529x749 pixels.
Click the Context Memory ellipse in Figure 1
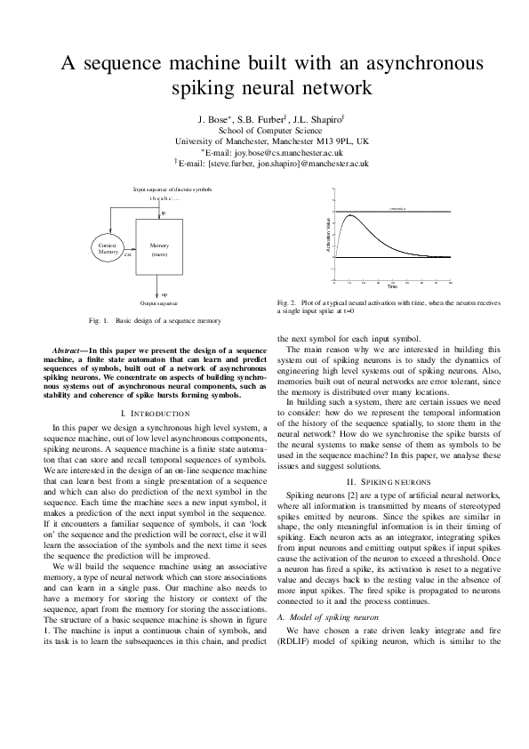(x=108, y=249)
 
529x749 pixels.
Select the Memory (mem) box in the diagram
(x=160, y=250)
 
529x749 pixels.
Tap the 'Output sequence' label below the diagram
(x=159, y=304)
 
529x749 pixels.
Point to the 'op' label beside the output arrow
(x=164, y=293)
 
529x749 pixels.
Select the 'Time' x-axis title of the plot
(x=391, y=286)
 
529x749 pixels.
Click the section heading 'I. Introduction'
(x=156, y=414)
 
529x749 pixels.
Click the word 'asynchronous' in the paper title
(x=397, y=64)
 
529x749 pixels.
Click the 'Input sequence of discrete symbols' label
(x=172, y=189)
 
